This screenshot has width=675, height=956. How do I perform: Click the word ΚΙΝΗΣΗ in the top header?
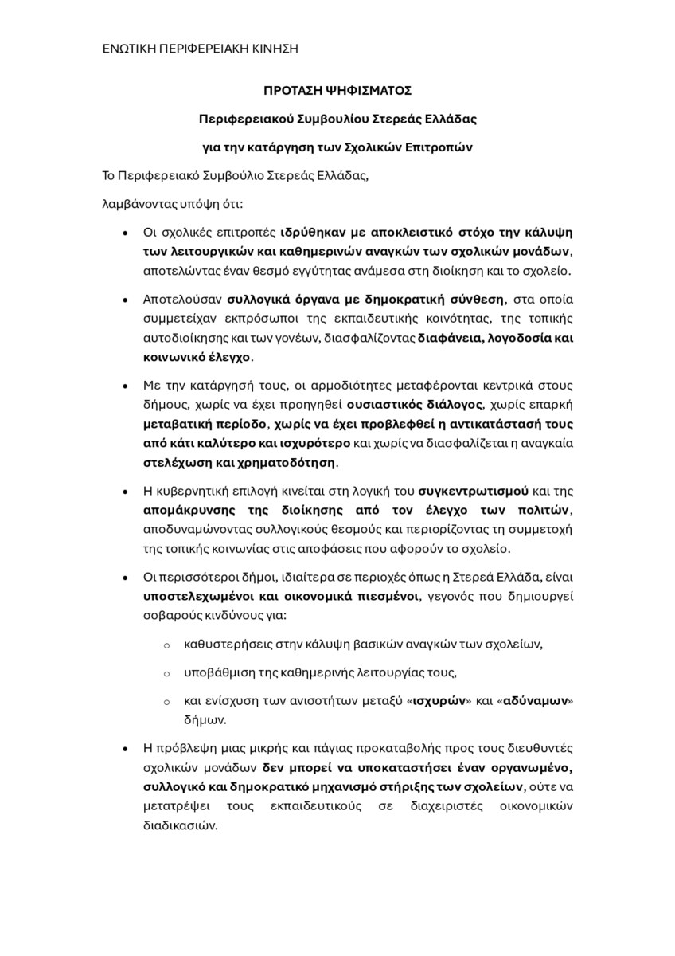[273, 49]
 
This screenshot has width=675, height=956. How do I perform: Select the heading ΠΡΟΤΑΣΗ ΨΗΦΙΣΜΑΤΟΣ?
[337, 92]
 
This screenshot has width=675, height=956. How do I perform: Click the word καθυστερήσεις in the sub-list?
[222, 644]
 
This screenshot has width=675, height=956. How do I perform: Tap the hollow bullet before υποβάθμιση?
[166, 673]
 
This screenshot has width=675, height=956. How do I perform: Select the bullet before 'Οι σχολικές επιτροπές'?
[125, 233]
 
